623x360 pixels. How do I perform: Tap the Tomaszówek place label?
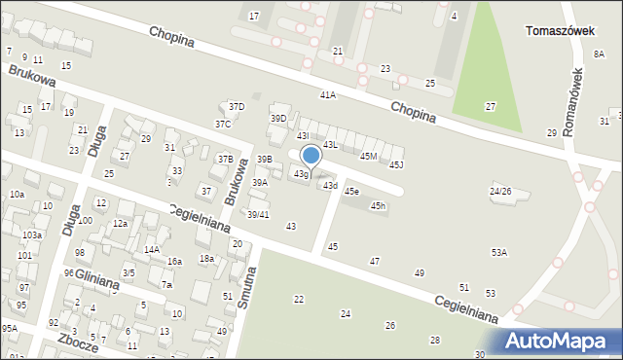(560, 30)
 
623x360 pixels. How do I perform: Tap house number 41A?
(327, 95)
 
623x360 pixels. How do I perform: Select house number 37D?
(236, 106)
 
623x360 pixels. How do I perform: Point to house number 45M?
(368, 156)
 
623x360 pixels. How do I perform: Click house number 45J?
(395, 164)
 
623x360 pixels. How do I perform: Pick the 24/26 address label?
(500, 192)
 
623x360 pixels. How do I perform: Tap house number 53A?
(499, 252)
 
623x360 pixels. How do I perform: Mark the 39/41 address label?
(258, 214)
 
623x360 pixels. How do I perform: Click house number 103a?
(32, 235)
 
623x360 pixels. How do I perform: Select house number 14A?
(152, 249)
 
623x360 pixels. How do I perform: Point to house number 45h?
(378, 205)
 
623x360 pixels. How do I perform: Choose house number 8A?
(600, 54)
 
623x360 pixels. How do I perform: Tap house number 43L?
(330, 144)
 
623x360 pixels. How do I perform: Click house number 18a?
(206, 258)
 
